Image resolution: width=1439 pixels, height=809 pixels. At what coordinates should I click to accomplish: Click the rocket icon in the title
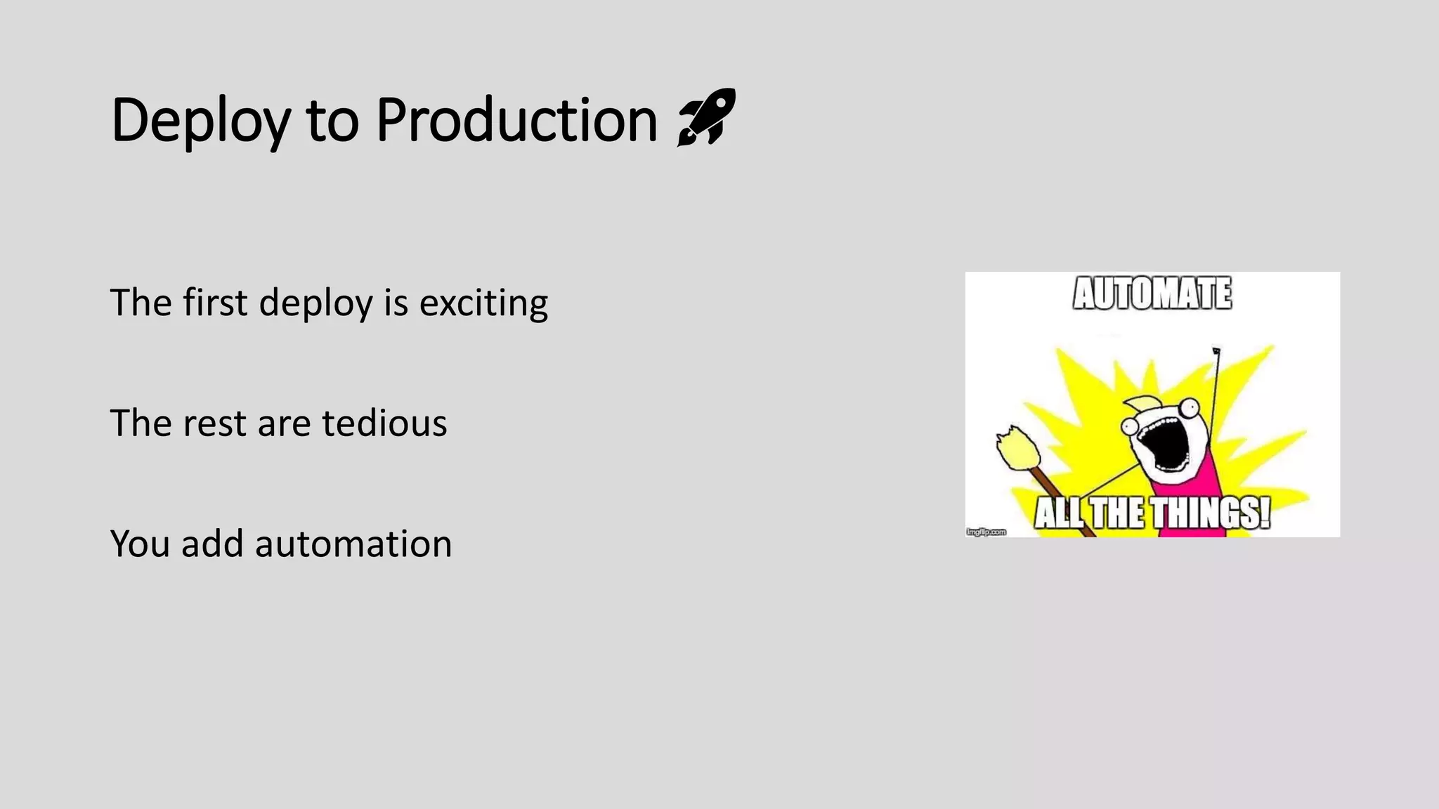point(706,117)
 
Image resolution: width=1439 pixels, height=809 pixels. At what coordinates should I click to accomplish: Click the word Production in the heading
point(516,120)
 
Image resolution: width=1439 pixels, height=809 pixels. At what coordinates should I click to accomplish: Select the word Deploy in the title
point(200,120)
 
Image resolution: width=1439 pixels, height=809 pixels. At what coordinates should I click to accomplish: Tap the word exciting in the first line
point(483,303)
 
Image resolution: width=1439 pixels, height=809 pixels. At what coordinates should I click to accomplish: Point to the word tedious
point(384,423)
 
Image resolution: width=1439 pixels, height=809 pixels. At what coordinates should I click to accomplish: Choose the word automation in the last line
point(353,544)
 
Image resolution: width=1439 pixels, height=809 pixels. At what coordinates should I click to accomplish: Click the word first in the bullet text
point(215,303)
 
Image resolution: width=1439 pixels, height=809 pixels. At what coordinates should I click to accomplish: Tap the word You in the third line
point(140,544)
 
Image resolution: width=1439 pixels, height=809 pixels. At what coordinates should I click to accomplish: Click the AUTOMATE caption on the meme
point(1152,294)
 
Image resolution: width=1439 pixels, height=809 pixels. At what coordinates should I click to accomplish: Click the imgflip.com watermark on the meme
point(987,532)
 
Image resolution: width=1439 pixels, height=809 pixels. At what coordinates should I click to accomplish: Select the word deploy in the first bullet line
point(315,303)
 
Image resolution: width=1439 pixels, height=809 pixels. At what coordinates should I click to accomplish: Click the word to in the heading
point(332,120)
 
